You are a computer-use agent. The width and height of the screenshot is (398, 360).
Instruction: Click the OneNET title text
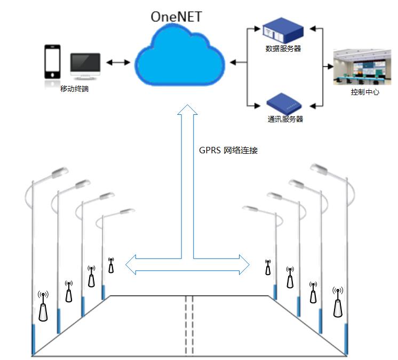point(177,16)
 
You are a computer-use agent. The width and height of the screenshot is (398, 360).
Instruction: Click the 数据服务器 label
point(283,49)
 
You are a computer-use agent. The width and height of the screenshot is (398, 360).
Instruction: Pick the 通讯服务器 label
point(285,119)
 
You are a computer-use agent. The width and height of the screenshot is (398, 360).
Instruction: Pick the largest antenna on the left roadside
point(43,309)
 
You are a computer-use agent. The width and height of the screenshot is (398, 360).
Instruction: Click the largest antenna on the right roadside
point(338,306)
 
